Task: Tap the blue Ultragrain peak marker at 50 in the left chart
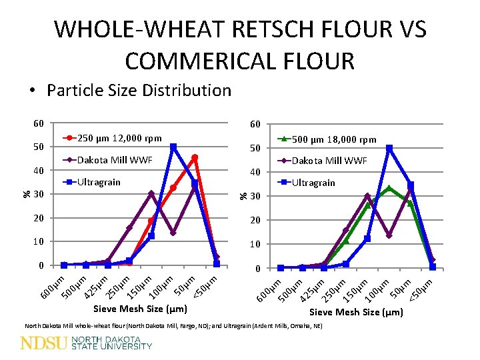coord(173,147)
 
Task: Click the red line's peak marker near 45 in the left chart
coord(195,158)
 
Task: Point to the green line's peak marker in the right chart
coord(389,188)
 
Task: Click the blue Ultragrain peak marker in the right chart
coord(389,148)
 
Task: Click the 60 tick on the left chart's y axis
coord(39,123)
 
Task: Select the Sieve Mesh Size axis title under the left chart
coord(140,309)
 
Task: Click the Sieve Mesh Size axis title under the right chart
coord(357,312)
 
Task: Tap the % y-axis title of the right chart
coord(244,195)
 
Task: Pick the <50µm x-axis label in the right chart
coord(422,289)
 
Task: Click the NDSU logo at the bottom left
coord(87,343)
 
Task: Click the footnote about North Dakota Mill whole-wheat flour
coord(173,326)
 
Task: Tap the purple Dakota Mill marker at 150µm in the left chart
coord(151,194)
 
